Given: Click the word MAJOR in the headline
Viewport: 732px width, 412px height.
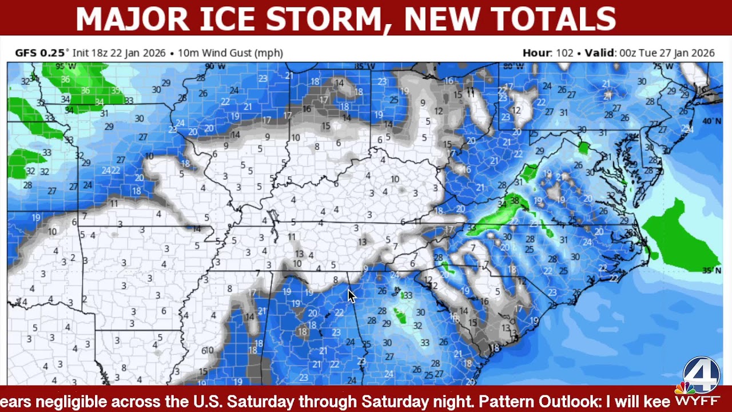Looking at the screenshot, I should coord(132,19).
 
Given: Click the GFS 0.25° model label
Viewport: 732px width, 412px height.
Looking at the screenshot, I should coord(41,53).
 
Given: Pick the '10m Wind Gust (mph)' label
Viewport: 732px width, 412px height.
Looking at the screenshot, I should coord(230,53).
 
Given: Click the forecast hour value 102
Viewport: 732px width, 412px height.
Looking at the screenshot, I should coord(564,53).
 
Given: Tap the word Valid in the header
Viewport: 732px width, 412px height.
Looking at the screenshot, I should coord(599,53).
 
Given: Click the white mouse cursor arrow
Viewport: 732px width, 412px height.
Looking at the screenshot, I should coord(351,296).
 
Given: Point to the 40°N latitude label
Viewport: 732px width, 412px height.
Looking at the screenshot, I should coord(711,121).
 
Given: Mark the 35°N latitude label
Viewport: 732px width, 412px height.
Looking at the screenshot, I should coord(711,270).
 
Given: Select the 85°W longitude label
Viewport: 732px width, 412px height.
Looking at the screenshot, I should coord(364,66).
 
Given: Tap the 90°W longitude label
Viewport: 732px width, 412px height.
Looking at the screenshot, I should coord(215,66).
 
